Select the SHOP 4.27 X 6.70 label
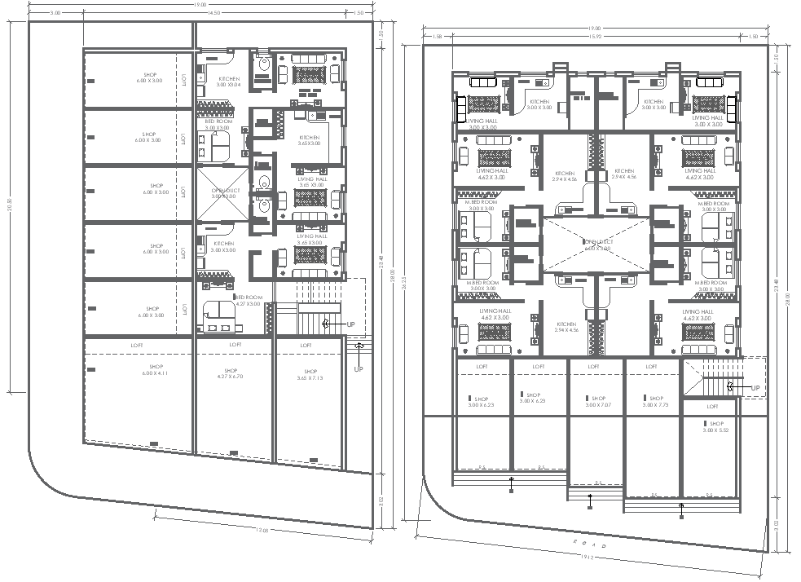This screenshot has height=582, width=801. click(234, 373)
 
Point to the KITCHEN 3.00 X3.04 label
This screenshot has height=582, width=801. click(228, 82)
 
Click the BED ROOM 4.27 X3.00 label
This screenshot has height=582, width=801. click(248, 301)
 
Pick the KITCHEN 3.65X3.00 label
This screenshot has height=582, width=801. click(310, 141)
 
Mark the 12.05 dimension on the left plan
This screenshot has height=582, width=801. click(262, 530)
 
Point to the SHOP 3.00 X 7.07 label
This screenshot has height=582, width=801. click(597, 402)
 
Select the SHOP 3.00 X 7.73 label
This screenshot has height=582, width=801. click(655, 402)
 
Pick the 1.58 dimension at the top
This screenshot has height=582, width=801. click(437, 36)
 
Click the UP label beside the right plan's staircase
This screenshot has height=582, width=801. click(755, 387)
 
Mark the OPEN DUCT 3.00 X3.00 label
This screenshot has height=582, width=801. click(222, 192)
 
